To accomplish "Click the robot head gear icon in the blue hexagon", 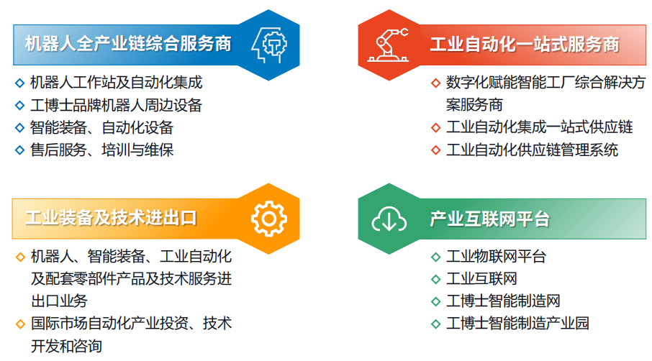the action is click(269, 45).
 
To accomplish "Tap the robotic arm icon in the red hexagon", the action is click(388, 45).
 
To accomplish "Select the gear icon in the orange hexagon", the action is click(269, 219).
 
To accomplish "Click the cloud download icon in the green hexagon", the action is click(389, 219).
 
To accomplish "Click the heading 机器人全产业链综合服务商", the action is click(128, 44).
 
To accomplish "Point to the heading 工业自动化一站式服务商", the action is click(525, 45).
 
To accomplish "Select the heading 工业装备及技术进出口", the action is click(111, 218).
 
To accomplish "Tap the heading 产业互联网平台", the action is click(489, 219).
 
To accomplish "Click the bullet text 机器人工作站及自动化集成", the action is click(116, 82).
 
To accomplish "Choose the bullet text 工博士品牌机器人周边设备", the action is click(116, 105).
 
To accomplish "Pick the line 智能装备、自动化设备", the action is click(101, 127).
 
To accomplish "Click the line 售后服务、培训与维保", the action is click(101, 150).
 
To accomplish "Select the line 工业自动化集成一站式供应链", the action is click(539, 127).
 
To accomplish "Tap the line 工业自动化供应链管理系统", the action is click(532, 150).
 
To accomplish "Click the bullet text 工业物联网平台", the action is click(496, 256).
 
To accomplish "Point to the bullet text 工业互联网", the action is click(481, 279).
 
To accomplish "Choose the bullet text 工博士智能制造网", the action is click(503, 301).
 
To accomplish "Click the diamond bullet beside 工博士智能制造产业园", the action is click(436, 324).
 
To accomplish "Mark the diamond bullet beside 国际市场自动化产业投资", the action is click(20, 324).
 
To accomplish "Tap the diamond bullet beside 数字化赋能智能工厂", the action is click(436, 83).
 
